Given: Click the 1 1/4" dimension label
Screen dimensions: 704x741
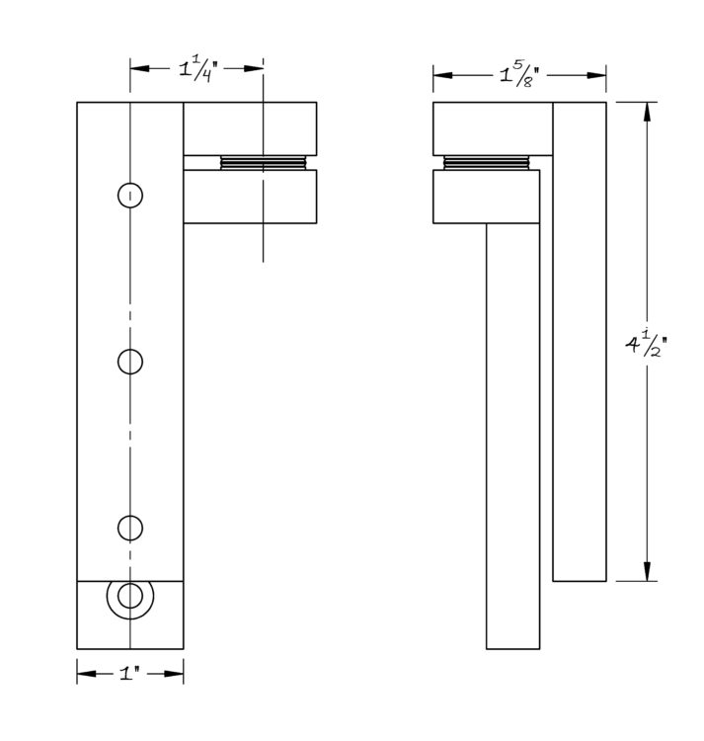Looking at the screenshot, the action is [x=197, y=69].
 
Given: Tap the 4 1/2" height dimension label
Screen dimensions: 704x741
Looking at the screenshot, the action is [x=647, y=345].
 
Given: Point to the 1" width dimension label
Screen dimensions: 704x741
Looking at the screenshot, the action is [x=130, y=673].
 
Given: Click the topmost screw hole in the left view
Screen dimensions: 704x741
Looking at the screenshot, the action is [x=130, y=196].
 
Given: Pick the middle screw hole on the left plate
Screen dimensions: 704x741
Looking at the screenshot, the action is [x=130, y=362].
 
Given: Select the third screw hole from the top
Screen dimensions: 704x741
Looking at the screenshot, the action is [x=130, y=528].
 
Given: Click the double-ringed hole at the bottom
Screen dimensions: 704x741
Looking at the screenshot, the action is [x=130, y=596].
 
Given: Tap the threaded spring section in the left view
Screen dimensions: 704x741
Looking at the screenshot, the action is [x=264, y=163].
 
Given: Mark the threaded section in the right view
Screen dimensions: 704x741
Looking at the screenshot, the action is [x=487, y=163].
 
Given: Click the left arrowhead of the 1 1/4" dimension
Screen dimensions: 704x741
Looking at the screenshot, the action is [x=140, y=68].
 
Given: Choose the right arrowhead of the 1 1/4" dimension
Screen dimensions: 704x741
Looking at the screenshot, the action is [x=254, y=68].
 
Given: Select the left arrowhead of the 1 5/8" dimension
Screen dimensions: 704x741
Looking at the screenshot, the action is [x=443, y=75].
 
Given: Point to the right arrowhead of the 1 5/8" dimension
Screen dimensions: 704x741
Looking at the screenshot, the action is [x=596, y=75].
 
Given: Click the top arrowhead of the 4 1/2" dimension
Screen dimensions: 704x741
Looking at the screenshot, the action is [x=647, y=112].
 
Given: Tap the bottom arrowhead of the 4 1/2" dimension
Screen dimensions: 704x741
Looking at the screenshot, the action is [x=647, y=571].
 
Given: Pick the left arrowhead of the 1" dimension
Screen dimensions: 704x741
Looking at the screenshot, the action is [x=87, y=673].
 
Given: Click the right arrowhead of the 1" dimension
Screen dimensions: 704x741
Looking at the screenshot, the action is [x=174, y=673].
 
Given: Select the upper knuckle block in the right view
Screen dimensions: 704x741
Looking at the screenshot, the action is [x=493, y=128].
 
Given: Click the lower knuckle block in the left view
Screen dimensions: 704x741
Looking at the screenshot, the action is [x=250, y=197].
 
